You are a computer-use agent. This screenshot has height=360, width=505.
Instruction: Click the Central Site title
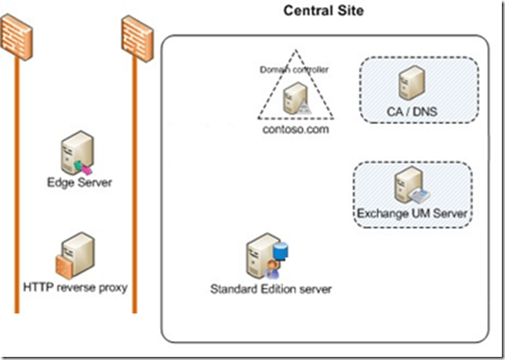click(323, 11)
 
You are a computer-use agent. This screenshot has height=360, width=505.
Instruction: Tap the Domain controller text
click(295, 70)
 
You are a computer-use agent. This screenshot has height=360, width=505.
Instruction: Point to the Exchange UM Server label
click(412, 213)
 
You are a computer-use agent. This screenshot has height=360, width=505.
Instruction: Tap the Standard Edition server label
click(271, 289)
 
